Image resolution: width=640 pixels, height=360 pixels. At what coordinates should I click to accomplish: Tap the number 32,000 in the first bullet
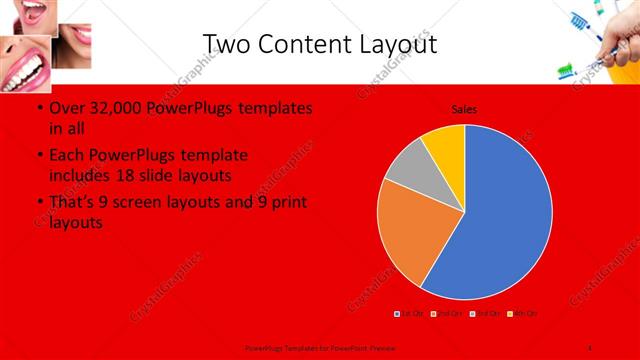pos(115,107)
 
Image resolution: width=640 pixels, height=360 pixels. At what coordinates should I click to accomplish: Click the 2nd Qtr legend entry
pos(448,314)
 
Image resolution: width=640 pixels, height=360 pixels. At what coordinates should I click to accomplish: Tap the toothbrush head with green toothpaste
pos(566,71)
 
